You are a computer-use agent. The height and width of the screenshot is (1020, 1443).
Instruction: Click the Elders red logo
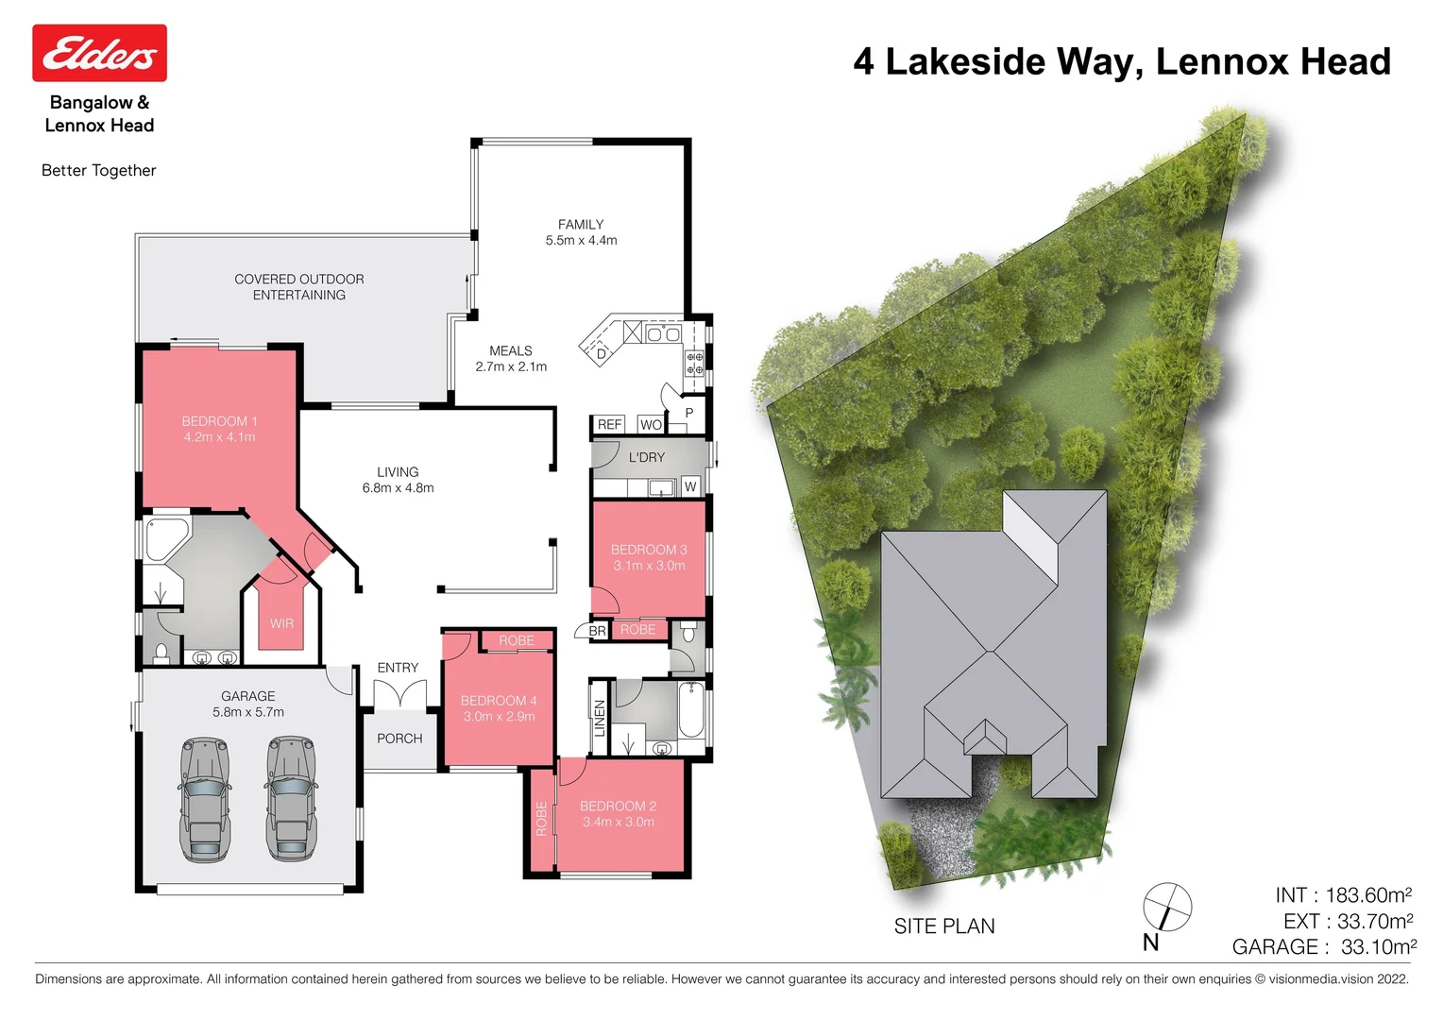tap(99, 53)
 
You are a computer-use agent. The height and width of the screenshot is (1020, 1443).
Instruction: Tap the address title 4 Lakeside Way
tap(1121, 61)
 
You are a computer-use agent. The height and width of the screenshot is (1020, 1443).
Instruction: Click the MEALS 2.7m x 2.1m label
tap(511, 358)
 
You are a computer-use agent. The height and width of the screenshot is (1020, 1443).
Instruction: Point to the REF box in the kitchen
tap(609, 425)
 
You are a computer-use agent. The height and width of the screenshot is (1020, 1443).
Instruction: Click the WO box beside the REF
tap(651, 425)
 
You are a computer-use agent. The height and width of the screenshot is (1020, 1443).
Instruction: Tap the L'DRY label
tap(647, 457)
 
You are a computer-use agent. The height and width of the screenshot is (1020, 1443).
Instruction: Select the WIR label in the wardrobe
tap(281, 623)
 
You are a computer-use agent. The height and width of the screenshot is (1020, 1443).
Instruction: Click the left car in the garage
tap(205, 799)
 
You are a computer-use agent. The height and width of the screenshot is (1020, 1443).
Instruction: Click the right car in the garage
tap(292, 799)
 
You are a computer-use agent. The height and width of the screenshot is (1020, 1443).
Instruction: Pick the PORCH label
tap(399, 739)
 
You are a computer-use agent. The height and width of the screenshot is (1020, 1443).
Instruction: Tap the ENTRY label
tap(398, 668)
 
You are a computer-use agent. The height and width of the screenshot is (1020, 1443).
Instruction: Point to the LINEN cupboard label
tap(599, 719)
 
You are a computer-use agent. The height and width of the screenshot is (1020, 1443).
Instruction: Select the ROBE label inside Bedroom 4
tap(517, 640)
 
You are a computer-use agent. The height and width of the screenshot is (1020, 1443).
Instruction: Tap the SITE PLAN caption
tap(944, 926)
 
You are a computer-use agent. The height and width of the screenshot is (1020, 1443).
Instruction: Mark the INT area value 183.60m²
tap(1343, 895)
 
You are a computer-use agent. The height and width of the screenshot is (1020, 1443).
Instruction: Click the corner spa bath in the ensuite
tap(165, 538)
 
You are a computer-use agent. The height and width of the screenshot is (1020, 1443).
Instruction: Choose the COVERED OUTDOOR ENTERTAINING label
tap(299, 287)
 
